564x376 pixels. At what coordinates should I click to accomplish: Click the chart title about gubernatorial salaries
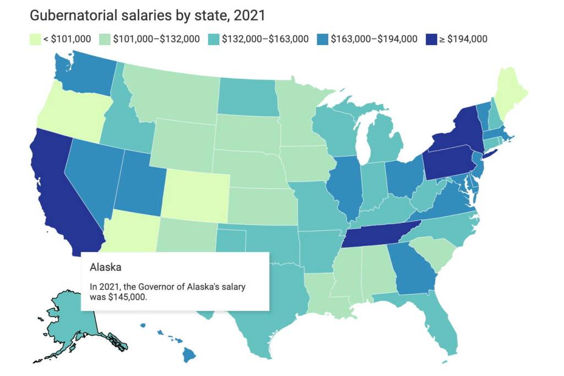click(x=148, y=15)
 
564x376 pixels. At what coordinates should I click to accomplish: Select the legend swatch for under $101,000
click(x=35, y=39)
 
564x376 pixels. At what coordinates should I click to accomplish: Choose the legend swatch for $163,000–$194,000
click(x=322, y=39)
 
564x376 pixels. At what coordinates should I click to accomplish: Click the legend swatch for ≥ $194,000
click(x=431, y=39)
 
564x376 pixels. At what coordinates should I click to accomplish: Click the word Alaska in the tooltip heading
click(x=105, y=267)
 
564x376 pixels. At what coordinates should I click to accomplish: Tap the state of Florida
click(x=441, y=325)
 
